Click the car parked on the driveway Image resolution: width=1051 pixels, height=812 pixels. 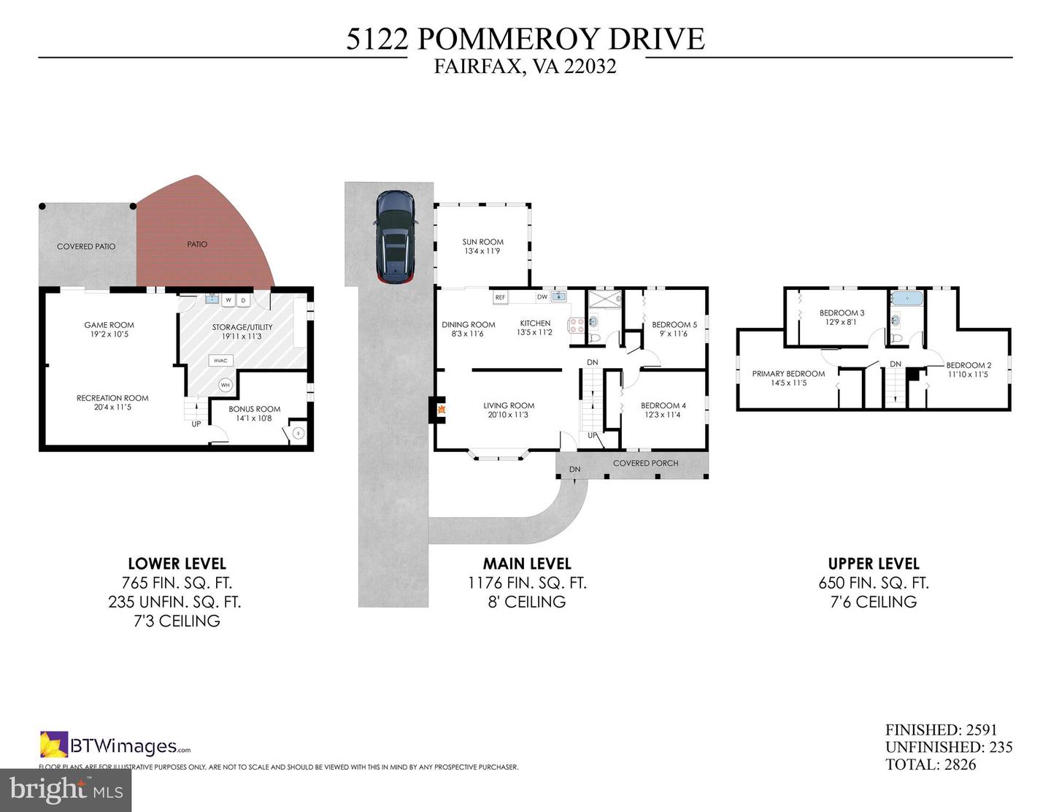tap(395, 236)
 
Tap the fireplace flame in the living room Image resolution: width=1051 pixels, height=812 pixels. tap(442, 410)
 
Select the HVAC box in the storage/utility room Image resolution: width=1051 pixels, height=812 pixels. tap(221, 361)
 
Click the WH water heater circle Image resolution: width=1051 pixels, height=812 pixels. tap(225, 386)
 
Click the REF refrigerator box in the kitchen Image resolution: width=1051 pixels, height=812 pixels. tap(500, 297)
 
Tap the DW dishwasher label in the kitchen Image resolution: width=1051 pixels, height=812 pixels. tap(542, 296)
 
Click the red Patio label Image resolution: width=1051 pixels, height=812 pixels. tap(197, 245)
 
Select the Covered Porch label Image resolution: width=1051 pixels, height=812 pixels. tap(645, 463)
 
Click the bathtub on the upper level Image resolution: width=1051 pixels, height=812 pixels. tap(907, 299)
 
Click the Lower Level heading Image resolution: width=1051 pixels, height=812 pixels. tap(177, 564)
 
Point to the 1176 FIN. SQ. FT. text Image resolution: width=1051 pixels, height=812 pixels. tap(527, 583)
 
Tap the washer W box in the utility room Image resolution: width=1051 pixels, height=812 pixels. tap(228, 301)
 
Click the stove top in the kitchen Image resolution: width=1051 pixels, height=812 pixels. tap(577, 325)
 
